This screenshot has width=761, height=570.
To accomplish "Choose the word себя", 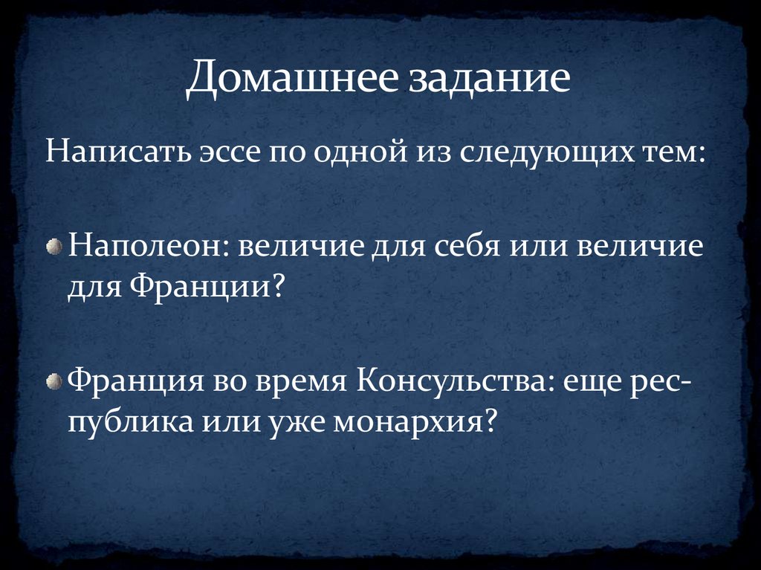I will [x=464, y=246].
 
